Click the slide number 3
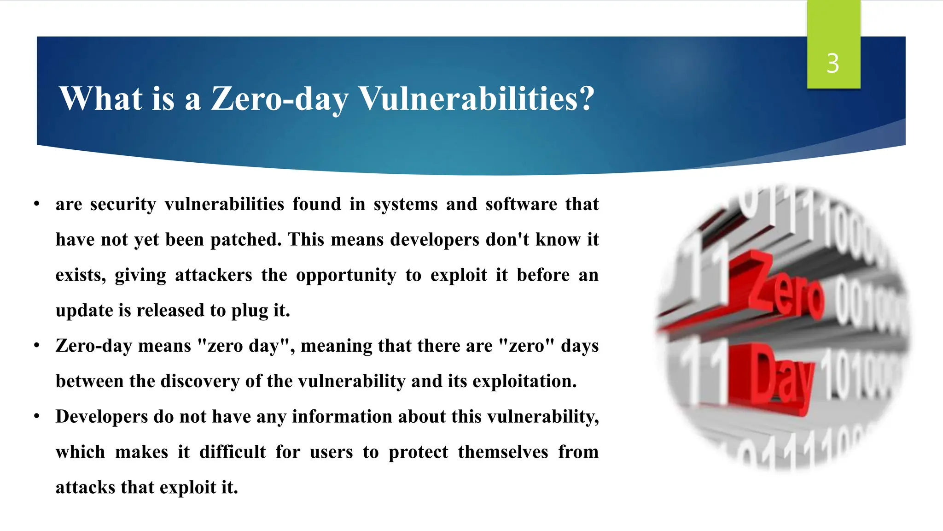pyautogui.click(x=832, y=63)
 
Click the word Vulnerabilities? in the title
pyautogui.click(x=477, y=99)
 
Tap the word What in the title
pyautogui.click(x=101, y=99)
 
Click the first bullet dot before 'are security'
pyautogui.click(x=37, y=204)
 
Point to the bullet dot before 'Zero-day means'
pyautogui.click(x=37, y=345)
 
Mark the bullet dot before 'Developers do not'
pyautogui.click(x=37, y=416)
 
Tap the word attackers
pyautogui.click(x=213, y=275)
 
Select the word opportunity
pyautogui.click(x=346, y=275)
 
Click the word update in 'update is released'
pyautogui.click(x=84, y=311)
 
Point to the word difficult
pyautogui.click(x=233, y=452)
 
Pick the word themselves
pyautogui.click(x=503, y=452)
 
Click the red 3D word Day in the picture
pyautogui.click(x=780, y=376)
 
